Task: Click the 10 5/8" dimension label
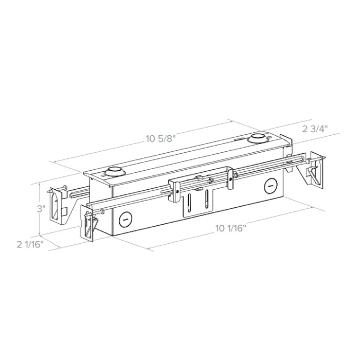160,138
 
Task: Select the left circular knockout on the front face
125,220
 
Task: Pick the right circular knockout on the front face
269,184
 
